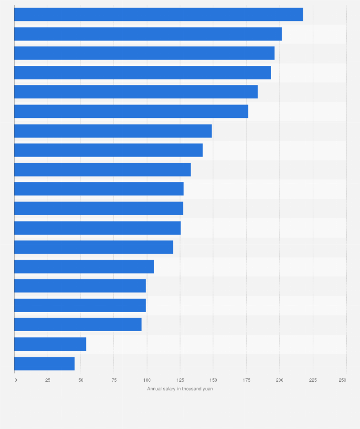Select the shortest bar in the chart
click(44, 364)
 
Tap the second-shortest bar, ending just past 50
click(50, 344)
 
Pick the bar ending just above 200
click(148, 34)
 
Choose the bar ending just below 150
click(113, 131)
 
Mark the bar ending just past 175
click(131, 111)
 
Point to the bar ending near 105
click(84, 266)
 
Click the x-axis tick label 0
click(16, 380)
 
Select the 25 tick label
click(47, 380)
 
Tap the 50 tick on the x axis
click(81, 380)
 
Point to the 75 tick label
click(114, 380)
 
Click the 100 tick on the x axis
click(147, 380)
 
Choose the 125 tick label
click(180, 380)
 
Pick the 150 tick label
click(213, 380)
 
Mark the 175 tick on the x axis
click(246, 380)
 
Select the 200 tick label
click(279, 380)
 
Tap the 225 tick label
click(313, 380)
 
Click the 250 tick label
click(342, 380)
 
